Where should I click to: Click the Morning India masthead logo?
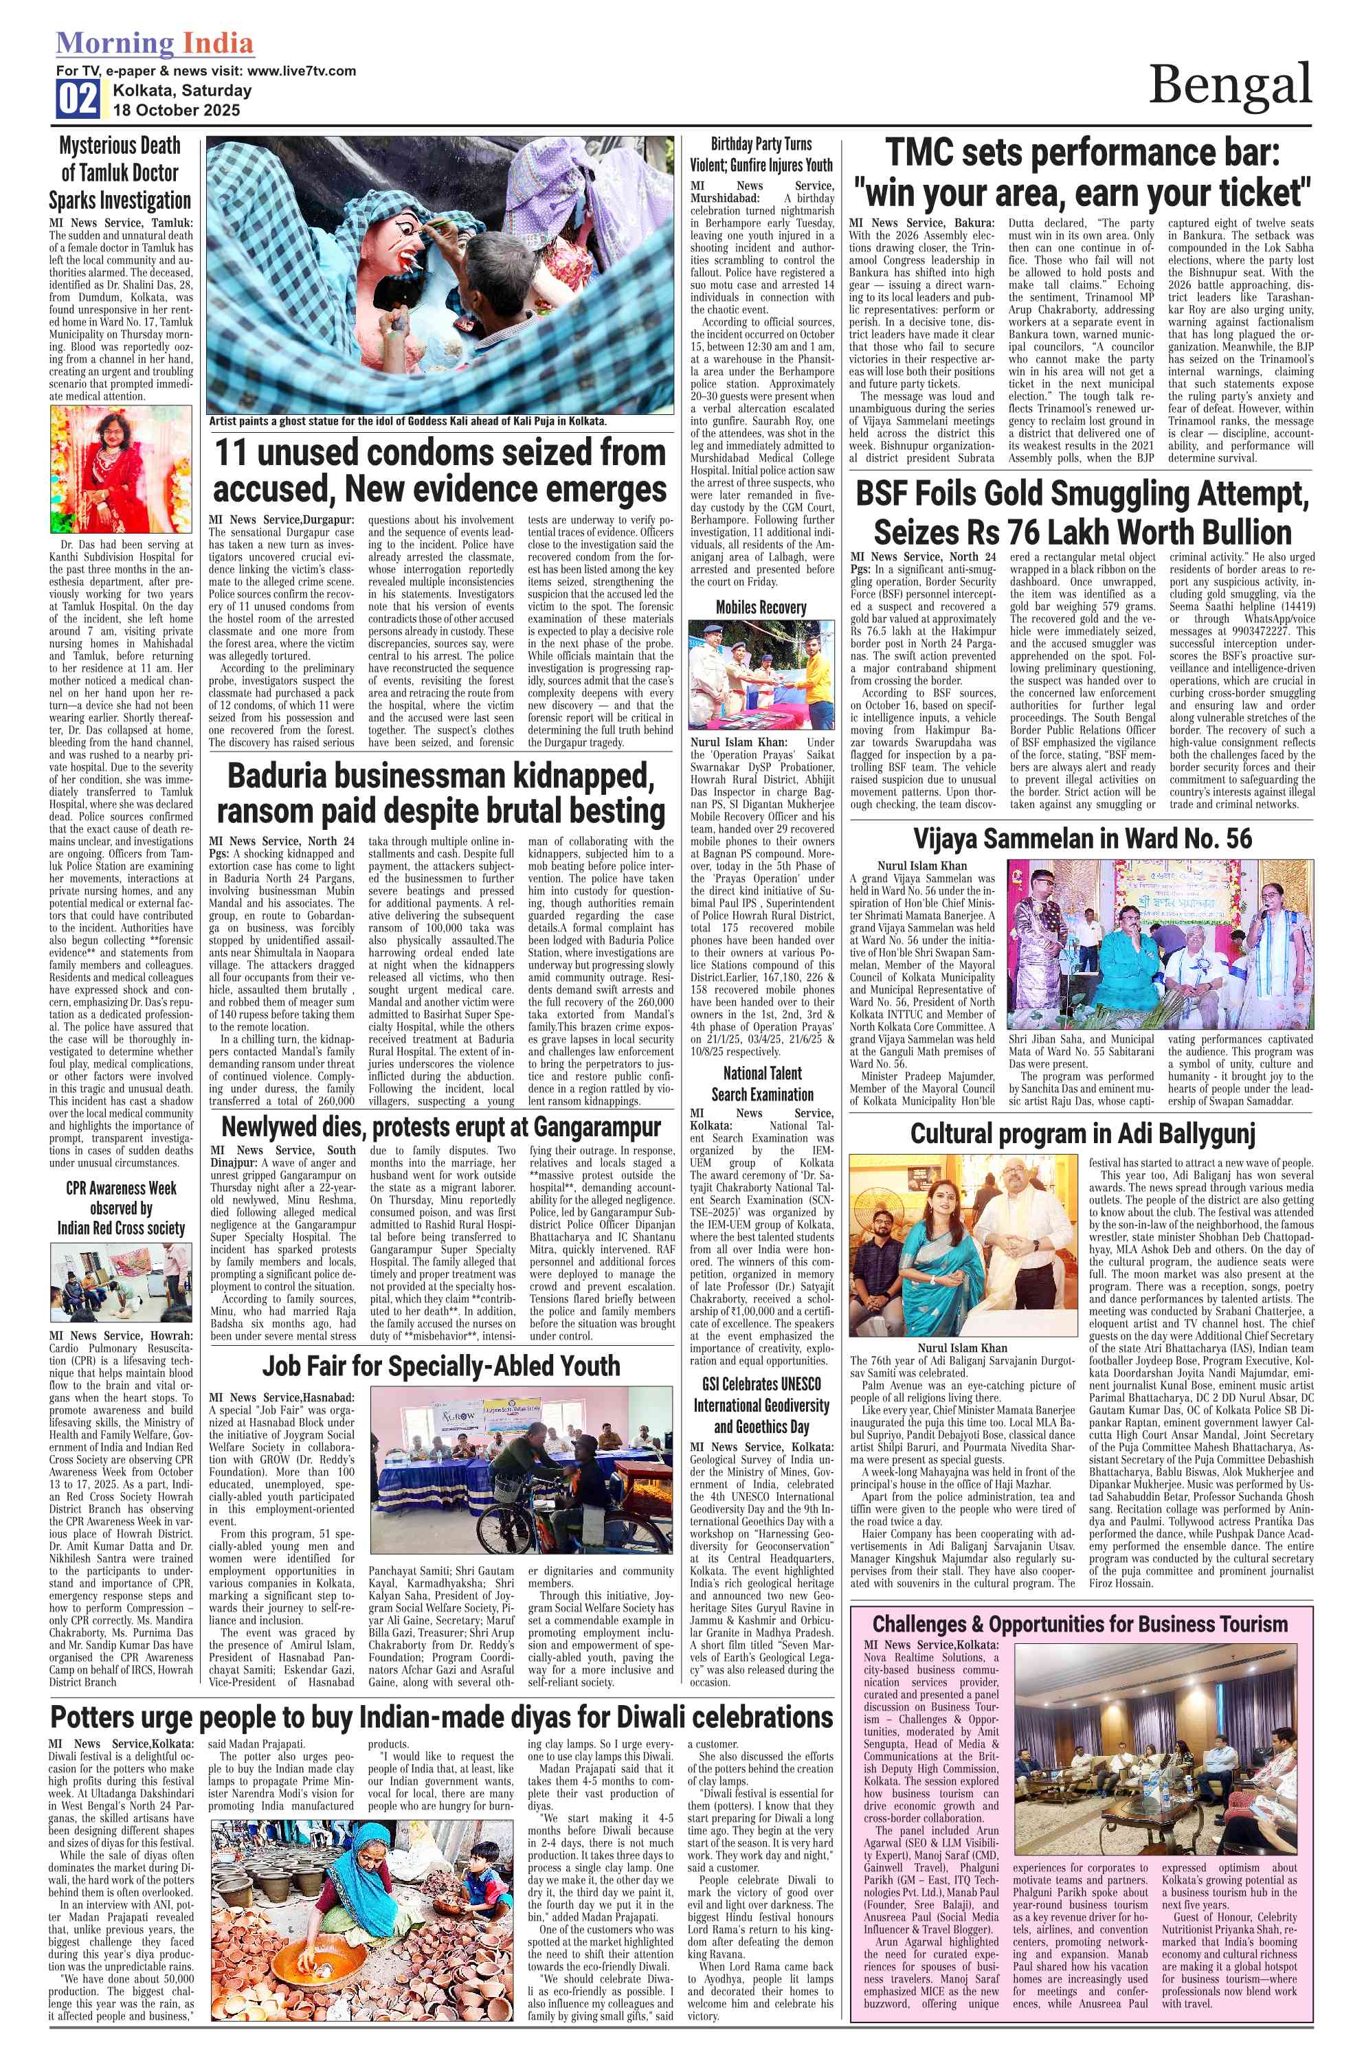tap(155, 43)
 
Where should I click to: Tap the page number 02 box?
tap(78, 99)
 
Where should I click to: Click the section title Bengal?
tap(1229, 85)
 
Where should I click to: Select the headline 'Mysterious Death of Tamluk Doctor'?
tap(120, 172)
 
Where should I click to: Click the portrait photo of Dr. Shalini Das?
tap(121, 470)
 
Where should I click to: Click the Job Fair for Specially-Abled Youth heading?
tap(441, 1366)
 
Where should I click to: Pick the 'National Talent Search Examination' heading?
tap(762, 1083)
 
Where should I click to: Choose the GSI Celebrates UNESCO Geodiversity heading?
tap(762, 1405)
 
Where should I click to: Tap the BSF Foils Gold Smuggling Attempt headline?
tap(1082, 512)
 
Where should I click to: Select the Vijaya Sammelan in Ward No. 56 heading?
tap(1082, 838)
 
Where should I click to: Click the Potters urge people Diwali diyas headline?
tap(441, 1717)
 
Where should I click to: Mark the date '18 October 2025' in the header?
tap(177, 111)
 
